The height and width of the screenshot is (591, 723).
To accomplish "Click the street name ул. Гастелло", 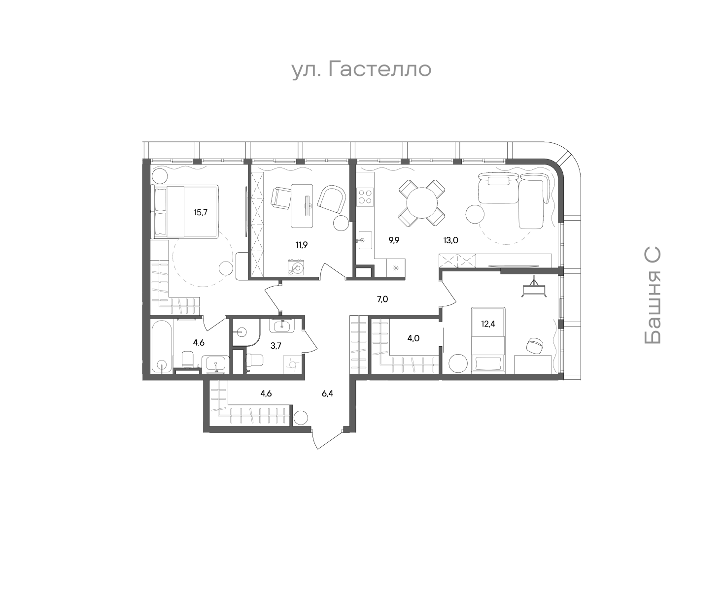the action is pos(361,69).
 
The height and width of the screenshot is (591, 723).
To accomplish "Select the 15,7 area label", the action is pos(201,212).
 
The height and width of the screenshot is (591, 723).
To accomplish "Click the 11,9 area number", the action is pos(301,245).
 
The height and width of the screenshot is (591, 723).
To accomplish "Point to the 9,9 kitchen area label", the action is pos(394,240).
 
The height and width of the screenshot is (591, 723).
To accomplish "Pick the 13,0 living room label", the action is pos(450,240).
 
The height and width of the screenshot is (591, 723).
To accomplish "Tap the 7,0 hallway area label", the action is pos(382,299).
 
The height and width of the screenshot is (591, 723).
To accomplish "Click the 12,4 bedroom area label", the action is pos(488,324).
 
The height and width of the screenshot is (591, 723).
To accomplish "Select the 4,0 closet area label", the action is pos(413,338).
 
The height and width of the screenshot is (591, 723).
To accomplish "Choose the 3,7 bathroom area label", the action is pos(275,346).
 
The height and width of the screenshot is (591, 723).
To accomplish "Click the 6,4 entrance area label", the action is pos(327,394).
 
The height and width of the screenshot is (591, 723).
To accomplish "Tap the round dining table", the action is pos(422,203).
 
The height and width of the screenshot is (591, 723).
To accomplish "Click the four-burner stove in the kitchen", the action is pos(365,197).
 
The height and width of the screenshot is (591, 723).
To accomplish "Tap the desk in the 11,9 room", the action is pos(302,206).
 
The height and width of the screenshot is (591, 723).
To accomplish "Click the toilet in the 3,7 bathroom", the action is pos(254,360).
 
